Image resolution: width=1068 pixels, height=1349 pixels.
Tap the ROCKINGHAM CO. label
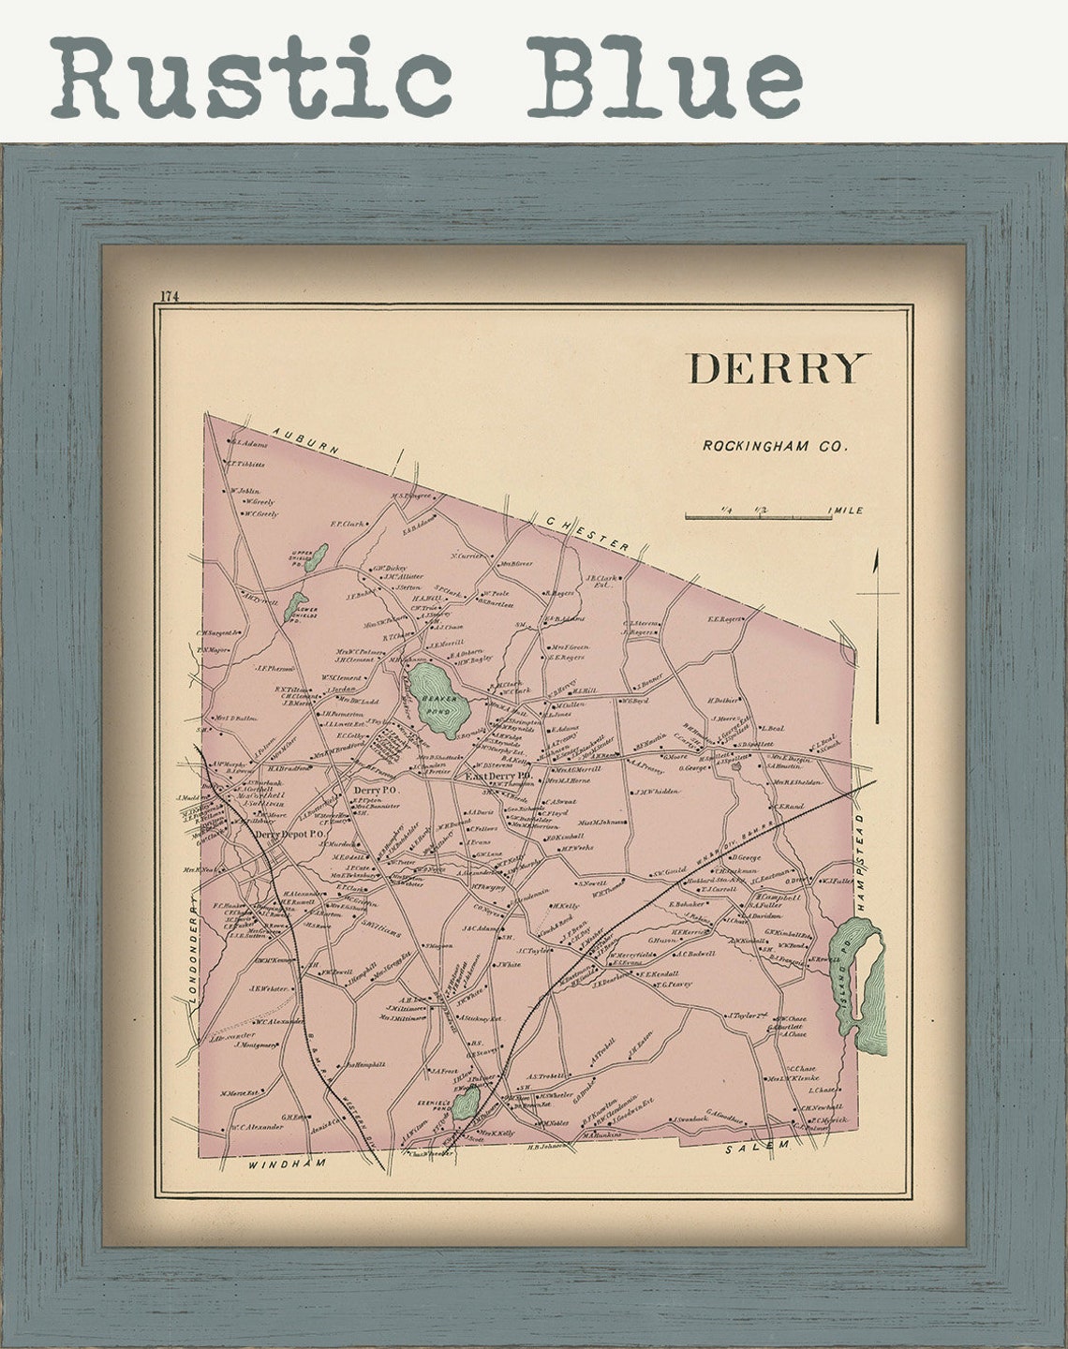[775, 447]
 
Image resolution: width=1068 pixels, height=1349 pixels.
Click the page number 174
[169, 296]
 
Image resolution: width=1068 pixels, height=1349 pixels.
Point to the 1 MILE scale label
[845, 511]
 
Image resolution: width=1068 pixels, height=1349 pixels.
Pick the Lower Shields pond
[295, 606]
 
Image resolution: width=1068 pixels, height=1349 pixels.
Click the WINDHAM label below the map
[287, 1163]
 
